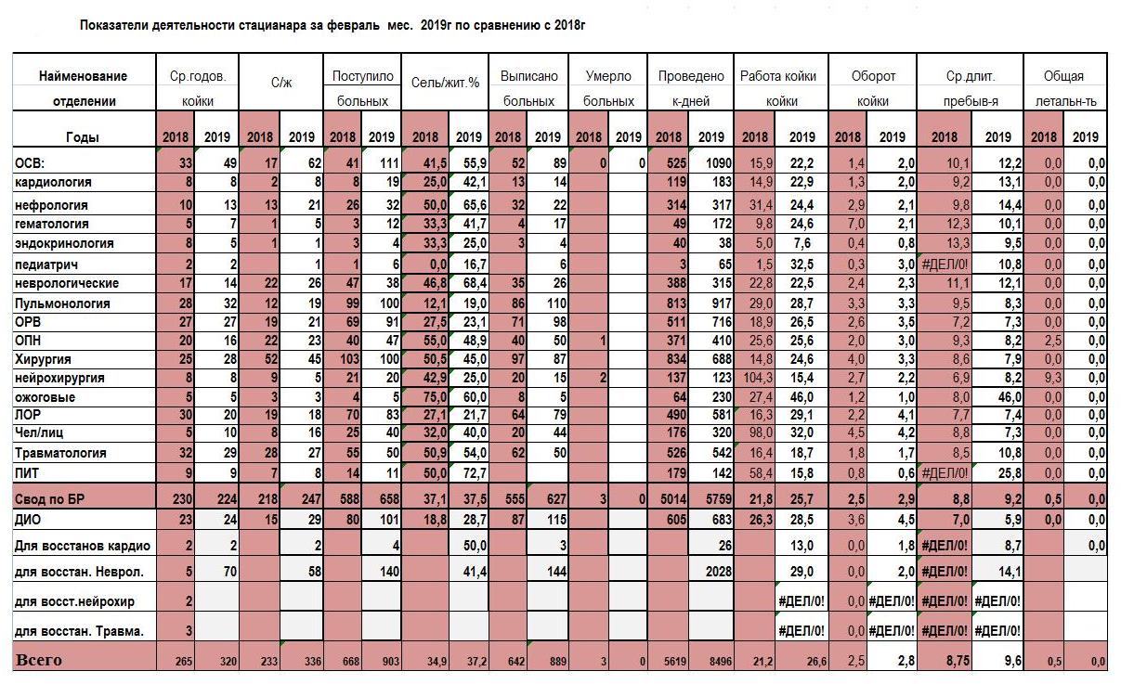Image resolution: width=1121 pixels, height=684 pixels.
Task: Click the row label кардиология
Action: [x=53, y=182]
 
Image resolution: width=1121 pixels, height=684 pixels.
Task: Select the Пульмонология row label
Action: [x=62, y=303]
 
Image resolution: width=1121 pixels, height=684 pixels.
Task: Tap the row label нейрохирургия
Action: [x=59, y=378]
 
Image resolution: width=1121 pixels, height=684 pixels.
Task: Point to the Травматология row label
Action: [x=60, y=453]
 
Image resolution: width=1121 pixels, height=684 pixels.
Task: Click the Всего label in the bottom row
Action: [x=39, y=660]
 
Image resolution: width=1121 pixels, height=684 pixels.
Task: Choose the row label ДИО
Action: [x=28, y=520]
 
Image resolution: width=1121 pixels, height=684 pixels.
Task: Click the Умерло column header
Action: [x=608, y=76]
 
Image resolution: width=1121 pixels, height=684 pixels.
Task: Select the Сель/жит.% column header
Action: [x=445, y=83]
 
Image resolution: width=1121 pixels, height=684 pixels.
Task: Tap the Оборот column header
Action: [x=873, y=76]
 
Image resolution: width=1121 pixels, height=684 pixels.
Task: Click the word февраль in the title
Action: [x=353, y=25]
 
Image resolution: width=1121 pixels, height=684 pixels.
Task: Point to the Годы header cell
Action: [x=83, y=137]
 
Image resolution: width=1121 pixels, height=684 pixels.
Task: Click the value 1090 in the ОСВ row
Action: [x=718, y=163]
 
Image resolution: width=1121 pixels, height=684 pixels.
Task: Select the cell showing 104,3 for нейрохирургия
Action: [x=758, y=378]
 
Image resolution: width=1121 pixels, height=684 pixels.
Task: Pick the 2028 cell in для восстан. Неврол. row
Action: [x=719, y=571]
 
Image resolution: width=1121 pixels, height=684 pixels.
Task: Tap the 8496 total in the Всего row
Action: [x=721, y=662]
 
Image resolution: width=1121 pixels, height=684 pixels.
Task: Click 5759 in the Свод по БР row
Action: [x=718, y=499]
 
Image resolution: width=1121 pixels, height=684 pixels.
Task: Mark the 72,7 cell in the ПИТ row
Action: [x=475, y=473]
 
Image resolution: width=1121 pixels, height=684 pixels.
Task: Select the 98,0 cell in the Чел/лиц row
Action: [x=761, y=432]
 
